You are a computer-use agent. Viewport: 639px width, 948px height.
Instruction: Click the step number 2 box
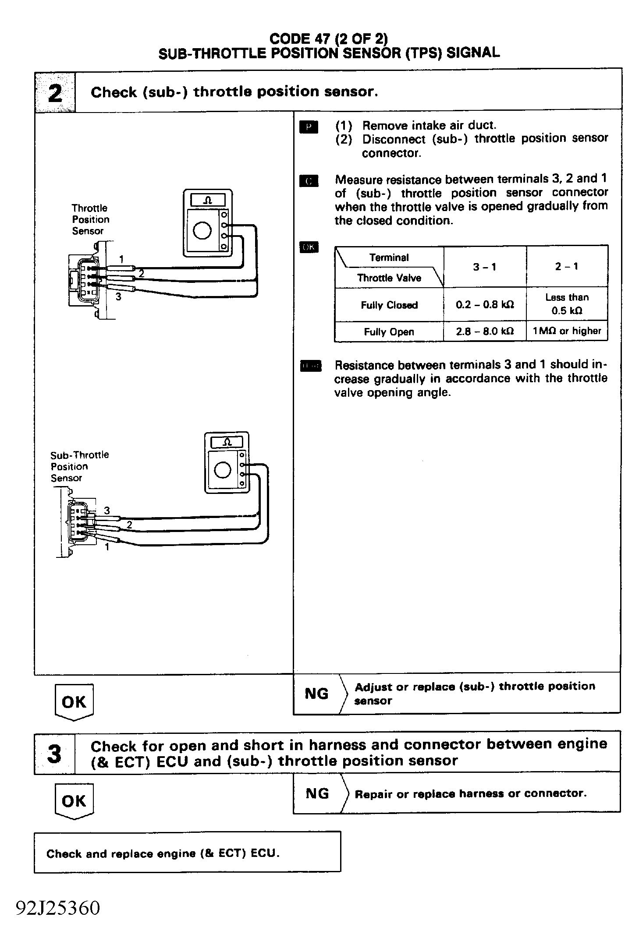[55, 92]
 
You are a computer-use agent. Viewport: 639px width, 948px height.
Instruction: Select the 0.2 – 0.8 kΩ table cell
[485, 305]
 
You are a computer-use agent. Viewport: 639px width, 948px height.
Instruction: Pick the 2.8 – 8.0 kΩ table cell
[485, 331]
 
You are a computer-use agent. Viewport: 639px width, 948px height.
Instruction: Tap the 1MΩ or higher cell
[567, 331]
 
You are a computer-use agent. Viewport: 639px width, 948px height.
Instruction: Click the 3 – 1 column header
[485, 267]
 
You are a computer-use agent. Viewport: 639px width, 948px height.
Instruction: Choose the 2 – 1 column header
[567, 266]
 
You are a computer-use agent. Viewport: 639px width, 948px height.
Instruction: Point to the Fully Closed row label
[389, 305]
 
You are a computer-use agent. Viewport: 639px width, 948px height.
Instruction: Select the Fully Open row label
[389, 332]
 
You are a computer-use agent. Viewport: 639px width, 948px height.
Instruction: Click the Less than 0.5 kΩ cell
[567, 304]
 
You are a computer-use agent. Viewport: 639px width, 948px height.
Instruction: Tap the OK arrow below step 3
[74, 801]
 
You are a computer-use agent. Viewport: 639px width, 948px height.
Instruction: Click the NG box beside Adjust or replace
[316, 694]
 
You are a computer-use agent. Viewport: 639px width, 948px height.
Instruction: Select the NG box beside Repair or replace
[317, 793]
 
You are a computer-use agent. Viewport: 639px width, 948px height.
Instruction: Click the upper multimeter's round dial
[202, 231]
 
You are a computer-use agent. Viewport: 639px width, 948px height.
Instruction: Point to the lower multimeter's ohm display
[227, 442]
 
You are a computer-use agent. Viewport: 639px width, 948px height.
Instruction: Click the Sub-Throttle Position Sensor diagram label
[79, 466]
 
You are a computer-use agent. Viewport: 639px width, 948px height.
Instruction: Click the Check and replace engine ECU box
[187, 853]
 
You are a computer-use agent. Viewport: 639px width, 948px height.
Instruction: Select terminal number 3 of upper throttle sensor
[118, 296]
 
